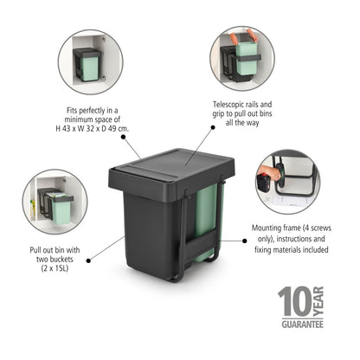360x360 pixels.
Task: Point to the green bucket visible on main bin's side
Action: (x=207, y=221)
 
